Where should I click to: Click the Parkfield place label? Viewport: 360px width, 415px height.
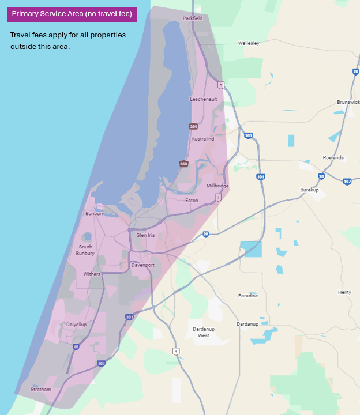[193, 18]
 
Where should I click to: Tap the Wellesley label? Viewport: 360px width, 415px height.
[249, 43]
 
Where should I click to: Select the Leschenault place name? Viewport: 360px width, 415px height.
[203, 99]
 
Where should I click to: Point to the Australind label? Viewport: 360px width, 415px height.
[202, 139]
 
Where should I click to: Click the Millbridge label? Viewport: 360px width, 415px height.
[217, 186]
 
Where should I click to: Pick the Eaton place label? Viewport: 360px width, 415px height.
[192, 201]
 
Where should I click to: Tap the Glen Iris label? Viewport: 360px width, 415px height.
[145, 235]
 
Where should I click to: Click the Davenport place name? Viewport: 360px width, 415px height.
[142, 265]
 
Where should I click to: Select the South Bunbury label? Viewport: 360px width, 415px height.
[85, 250]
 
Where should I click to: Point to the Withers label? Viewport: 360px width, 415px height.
[92, 274]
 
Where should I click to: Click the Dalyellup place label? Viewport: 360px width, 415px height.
[76, 325]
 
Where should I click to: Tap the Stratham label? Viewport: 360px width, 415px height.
[41, 390]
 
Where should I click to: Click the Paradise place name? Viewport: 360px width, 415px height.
[248, 296]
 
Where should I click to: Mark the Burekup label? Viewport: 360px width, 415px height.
[309, 190]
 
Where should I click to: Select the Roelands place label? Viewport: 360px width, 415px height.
[333, 157]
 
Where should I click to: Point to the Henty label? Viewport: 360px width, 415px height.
[344, 292]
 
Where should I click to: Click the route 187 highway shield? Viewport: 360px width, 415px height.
[347, 182]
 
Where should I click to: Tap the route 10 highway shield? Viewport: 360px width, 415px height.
[76, 347]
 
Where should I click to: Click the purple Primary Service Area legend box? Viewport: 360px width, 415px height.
[72, 14]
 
